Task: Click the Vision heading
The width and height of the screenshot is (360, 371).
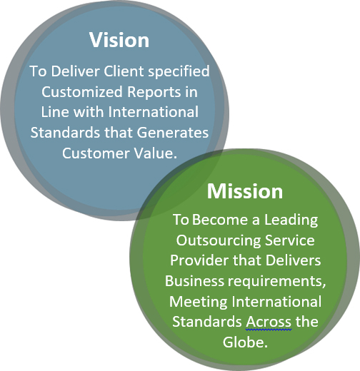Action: click(x=119, y=40)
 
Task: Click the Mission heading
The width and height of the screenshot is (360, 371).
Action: click(x=245, y=191)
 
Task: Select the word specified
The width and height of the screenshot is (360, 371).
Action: click(x=179, y=72)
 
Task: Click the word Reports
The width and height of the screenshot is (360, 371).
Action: click(x=154, y=93)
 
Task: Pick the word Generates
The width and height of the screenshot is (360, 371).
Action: click(x=173, y=133)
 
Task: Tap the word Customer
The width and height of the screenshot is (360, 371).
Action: click(x=96, y=153)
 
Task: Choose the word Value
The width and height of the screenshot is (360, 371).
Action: click(x=156, y=153)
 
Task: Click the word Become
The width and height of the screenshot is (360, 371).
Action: click(x=220, y=220)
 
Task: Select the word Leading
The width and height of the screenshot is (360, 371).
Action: click(x=291, y=220)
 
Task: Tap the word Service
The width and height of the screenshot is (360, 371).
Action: click(x=290, y=240)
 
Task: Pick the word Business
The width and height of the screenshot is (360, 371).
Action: click(x=194, y=281)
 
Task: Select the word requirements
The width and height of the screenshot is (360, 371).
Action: click(x=276, y=282)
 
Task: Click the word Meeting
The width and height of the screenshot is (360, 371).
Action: click(x=199, y=303)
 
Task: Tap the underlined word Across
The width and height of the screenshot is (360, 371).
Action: click(x=269, y=322)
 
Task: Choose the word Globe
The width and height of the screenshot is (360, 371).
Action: click(x=245, y=342)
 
